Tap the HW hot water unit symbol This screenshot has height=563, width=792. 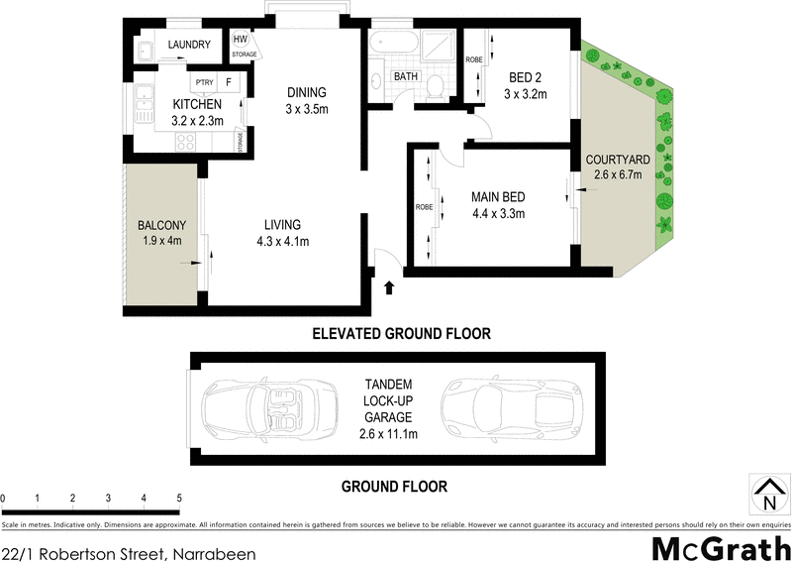click(x=241, y=40)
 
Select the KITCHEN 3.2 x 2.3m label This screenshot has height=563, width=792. click(x=198, y=112)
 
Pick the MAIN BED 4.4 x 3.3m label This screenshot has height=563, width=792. click(x=497, y=205)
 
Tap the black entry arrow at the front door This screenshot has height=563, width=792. click(x=388, y=287)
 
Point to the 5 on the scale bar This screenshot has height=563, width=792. click(x=179, y=498)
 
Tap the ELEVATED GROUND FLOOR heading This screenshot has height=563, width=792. click(x=401, y=334)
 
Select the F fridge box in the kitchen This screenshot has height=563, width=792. click(x=230, y=82)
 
